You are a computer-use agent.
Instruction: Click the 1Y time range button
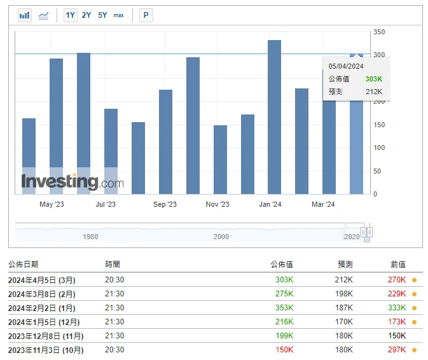pos(71,15)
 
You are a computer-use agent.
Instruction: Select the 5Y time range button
pos(102,15)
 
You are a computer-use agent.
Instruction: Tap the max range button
pos(119,15)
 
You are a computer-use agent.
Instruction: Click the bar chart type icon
pos(25,15)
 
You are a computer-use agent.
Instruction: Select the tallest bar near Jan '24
pos(274,117)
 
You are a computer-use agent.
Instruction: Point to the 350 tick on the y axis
pos(379,32)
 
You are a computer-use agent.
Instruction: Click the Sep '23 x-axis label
pos(165,204)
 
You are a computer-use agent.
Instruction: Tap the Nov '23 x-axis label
pos(217,204)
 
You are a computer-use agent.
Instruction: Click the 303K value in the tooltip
pos(373,79)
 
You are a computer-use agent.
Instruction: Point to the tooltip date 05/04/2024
pos(346,66)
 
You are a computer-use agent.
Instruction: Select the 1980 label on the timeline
pos(91,237)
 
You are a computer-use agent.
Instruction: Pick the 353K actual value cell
pos(284,308)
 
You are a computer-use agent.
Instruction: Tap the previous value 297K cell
pos(397,350)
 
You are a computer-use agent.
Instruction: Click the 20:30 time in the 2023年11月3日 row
pos(114,350)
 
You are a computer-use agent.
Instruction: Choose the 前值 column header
pos(397,264)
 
